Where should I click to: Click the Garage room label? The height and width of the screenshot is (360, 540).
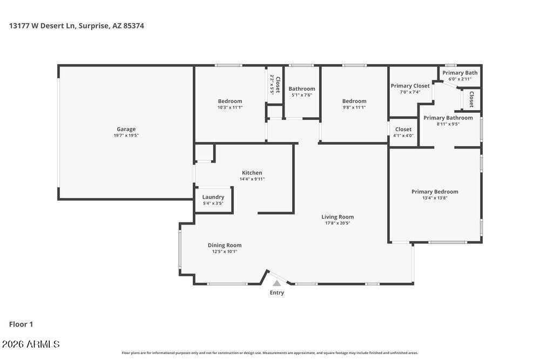click(126, 129)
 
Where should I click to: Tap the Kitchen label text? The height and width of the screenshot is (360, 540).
click(252, 173)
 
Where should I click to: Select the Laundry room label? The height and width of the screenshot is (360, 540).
click(213, 197)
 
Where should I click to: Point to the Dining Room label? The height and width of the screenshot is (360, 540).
click(225, 245)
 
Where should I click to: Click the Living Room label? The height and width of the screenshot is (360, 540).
click(337, 217)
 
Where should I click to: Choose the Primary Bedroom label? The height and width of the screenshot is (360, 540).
click(435, 192)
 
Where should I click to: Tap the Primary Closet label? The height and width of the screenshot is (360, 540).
click(410, 86)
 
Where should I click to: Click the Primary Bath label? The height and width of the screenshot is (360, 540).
click(460, 73)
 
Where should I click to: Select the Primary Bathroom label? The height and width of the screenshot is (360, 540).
click(448, 118)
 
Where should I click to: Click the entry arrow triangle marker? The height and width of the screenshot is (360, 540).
click(276, 283)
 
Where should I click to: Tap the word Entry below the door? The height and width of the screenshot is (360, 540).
click(276, 293)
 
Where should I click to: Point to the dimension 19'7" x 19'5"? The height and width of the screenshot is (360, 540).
click(126, 135)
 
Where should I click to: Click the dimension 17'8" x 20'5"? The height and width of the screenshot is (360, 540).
click(337, 223)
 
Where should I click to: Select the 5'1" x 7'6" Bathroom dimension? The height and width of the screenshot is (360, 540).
click(301, 95)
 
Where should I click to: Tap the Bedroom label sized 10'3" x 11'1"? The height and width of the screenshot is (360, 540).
click(230, 101)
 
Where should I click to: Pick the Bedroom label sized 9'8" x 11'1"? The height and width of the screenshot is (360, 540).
click(354, 101)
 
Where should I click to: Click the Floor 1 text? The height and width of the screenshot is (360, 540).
click(21, 324)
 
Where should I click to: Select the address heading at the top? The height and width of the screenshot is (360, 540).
click(77, 25)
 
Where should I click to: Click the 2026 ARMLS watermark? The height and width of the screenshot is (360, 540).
click(30, 344)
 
